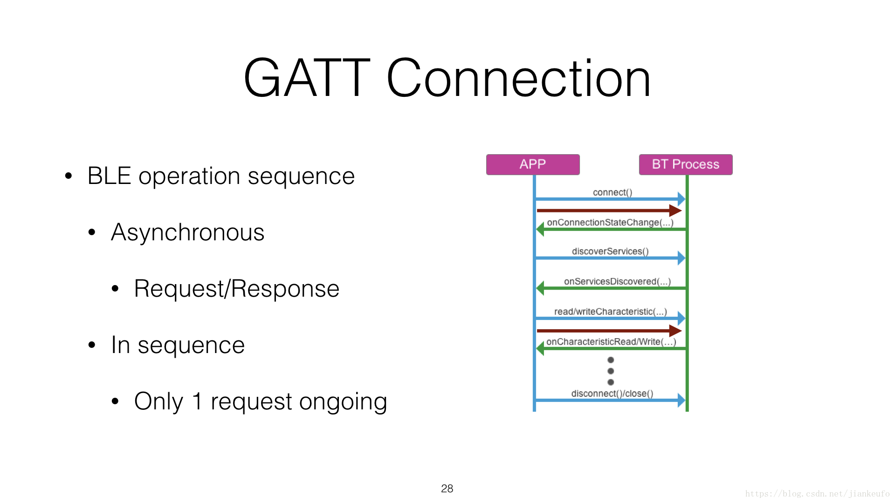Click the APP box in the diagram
[533, 164]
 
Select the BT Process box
[686, 164]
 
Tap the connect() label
[613, 192]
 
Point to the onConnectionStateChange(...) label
[610, 223]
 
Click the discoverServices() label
[610, 251]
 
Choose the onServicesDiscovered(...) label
[617, 281]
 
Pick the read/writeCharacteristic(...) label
[611, 312]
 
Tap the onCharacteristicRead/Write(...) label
[611, 342]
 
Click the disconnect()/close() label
[612, 394]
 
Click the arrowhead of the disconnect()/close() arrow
[682, 400]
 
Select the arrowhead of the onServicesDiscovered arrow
[540, 288]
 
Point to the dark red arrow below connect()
[609, 211]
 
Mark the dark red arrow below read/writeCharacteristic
[609, 331]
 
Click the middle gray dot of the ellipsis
[611, 371]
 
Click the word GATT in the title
[307, 78]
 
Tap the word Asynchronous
[187, 232]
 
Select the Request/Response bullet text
[236, 289]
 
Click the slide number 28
[447, 489]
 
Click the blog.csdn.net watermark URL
[818, 494]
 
